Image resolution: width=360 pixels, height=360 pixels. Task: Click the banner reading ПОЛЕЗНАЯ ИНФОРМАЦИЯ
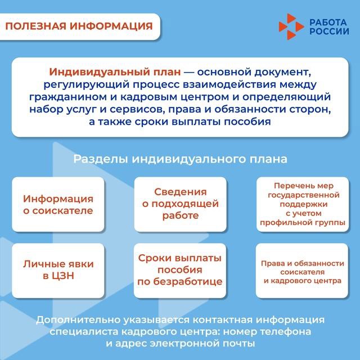pyautogui.click(x=79, y=26)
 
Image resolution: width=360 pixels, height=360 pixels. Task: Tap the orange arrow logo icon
pyautogui.click(x=291, y=26)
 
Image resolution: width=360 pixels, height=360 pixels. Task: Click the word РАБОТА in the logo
pyautogui.click(x=328, y=22)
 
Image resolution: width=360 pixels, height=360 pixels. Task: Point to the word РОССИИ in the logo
pyautogui.click(x=329, y=31)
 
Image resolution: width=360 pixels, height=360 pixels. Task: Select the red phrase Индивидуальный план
pyautogui.click(x=115, y=72)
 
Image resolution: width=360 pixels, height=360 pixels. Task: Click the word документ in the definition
pyautogui.click(x=282, y=73)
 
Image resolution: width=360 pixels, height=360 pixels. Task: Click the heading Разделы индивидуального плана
pyautogui.click(x=180, y=159)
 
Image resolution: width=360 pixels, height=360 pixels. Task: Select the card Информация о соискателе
pyautogui.click(x=58, y=204)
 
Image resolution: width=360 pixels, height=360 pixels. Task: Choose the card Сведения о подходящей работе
pyautogui.click(x=180, y=204)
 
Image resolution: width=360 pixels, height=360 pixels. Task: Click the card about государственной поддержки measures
pyautogui.click(x=303, y=204)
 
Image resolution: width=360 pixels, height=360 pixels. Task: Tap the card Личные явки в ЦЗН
pyautogui.click(x=58, y=271)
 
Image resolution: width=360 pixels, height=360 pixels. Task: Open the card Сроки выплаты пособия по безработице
pyautogui.click(x=180, y=271)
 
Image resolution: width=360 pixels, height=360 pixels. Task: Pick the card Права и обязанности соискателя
pyautogui.click(x=302, y=271)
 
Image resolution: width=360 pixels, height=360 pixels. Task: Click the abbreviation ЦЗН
pyautogui.click(x=63, y=276)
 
